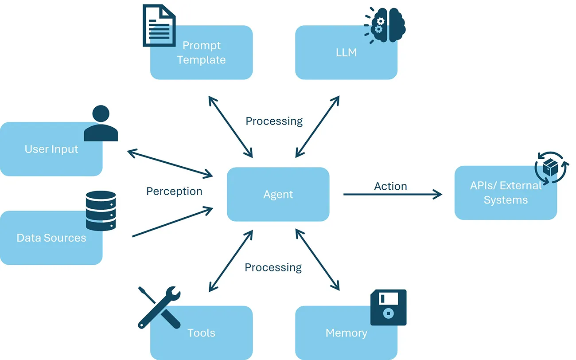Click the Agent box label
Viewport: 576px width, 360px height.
click(x=278, y=195)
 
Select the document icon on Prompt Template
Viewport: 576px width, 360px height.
click(x=158, y=25)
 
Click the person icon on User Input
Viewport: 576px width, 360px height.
click(x=101, y=124)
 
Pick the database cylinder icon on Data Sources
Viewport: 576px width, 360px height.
click(x=101, y=211)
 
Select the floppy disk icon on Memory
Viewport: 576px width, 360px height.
click(x=388, y=307)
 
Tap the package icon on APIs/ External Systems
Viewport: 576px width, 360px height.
click(x=551, y=168)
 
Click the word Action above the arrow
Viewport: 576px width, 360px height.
click(x=390, y=186)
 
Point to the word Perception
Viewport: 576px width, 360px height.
click(x=174, y=191)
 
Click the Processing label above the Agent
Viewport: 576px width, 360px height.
click(x=274, y=121)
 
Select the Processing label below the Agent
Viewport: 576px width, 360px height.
click(x=273, y=267)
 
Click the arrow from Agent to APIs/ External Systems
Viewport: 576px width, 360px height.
click(x=392, y=194)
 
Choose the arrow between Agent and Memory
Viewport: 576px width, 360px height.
click(x=317, y=260)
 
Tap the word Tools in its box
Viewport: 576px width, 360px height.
click(x=201, y=333)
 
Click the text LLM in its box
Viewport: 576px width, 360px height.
click(x=346, y=53)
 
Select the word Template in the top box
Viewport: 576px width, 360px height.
click(x=201, y=60)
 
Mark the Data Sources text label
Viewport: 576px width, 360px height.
click(x=51, y=238)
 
